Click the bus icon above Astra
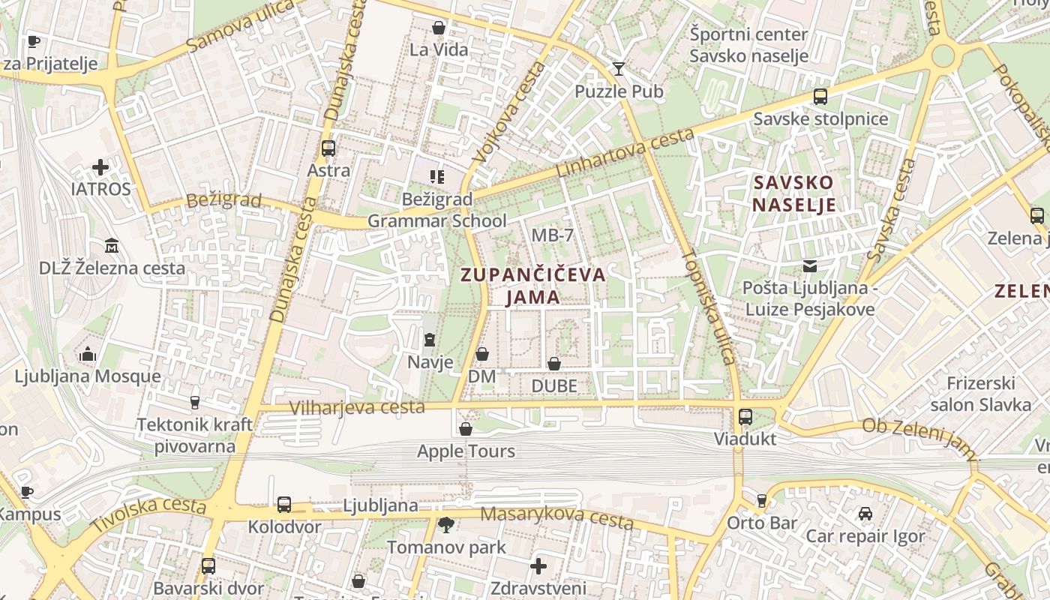pos(328,148)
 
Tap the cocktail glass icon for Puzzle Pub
pos(618,69)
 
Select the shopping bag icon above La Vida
pos(439,28)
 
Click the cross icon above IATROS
pos(100,167)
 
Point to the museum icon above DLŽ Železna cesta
pos(112,246)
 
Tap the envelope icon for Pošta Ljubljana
pos(810,265)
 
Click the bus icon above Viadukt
pos(745,417)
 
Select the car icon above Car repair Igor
pos(865,514)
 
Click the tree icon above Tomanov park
pos(446,524)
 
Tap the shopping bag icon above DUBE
pos(553,364)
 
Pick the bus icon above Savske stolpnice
pos(820,97)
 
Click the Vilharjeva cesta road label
pos(357,408)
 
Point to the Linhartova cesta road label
pos(625,154)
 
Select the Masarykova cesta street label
pos(556,517)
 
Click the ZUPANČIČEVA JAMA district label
pos(533,286)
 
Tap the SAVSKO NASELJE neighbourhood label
pos(794,193)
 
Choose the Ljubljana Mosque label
pos(88,376)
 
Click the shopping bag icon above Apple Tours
pos(466,430)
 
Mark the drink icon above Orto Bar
pos(762,500)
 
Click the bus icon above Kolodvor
pos(283,505)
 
